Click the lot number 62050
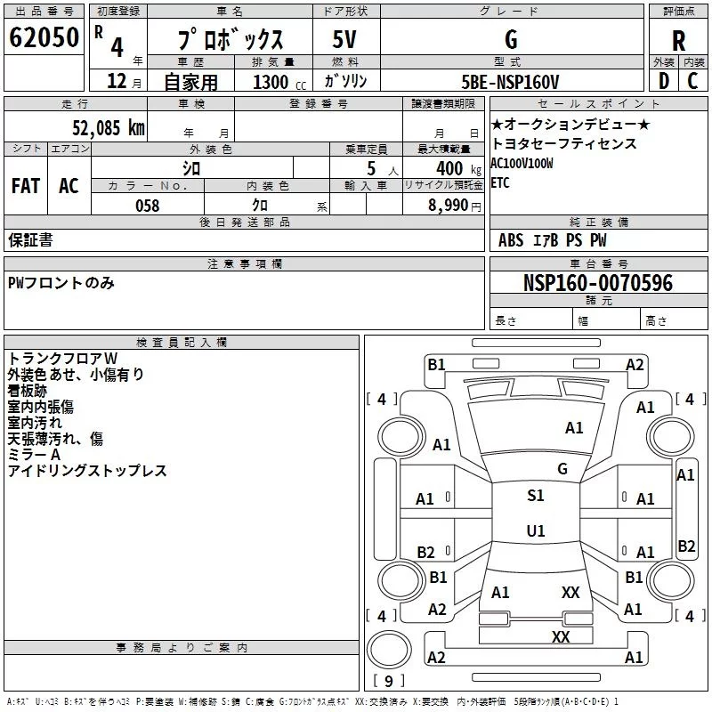click(44, 38)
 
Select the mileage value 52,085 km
click(108, 127)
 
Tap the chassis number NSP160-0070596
click(598, 284)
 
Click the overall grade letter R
click(678, 40)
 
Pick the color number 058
click(147, 206)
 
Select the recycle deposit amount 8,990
click(441, 206)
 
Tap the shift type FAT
click(25, 186)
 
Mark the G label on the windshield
click(562, 469)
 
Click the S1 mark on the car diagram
click(535, 496)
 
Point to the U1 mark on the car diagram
click(535, 531)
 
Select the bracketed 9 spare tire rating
click(387, 681)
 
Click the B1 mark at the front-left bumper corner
click(436, 364)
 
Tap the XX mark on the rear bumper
click(561, 636)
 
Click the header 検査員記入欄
click(182, 342)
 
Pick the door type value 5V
click(344, 40)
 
